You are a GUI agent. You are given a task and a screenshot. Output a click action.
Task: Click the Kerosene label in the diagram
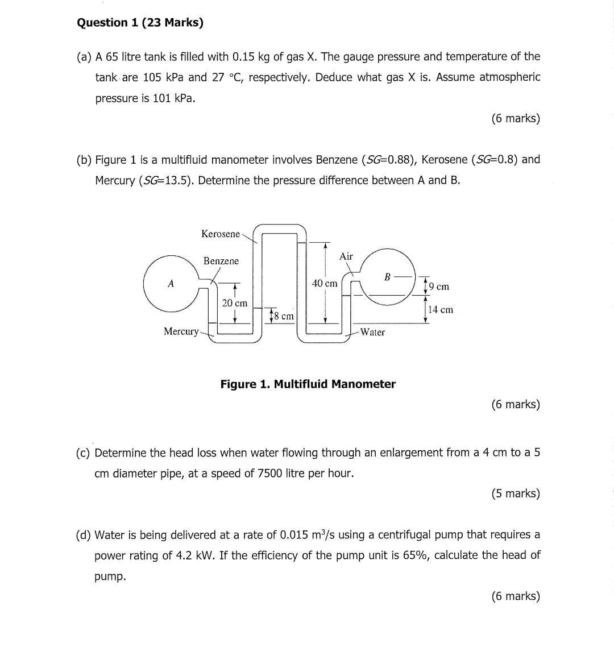click(x=221, y=234)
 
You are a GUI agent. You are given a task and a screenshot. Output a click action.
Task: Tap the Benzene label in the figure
click(x=221, y=261)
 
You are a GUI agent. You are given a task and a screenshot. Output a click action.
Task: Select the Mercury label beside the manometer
click(x=181, y=331)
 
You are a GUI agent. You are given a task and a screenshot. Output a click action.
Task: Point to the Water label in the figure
click(x=372, y=333)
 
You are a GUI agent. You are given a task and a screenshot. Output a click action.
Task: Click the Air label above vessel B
click(x=346, y=256)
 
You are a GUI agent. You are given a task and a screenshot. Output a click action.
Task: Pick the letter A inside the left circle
click(x=170, y=284)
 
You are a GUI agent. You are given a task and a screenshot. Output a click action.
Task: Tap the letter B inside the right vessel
click(x=387, y=277)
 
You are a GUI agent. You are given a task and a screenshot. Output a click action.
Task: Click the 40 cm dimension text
click(x=325, y=283)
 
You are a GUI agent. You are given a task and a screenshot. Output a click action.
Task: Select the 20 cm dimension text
click(x=234, y=304)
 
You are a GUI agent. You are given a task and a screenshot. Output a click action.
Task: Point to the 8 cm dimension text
click(x=284, y=316)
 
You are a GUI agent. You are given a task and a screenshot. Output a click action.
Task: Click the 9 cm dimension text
click(x=439, y=287)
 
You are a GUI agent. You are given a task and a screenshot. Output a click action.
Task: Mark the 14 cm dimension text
click(x=441, y=310)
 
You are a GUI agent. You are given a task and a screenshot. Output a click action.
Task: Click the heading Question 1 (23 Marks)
click(x=140, y=23)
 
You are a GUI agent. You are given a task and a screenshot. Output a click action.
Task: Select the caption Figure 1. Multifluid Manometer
click(x=308, y=384)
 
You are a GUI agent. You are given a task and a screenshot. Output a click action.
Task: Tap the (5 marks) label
click(x=515, y=493)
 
